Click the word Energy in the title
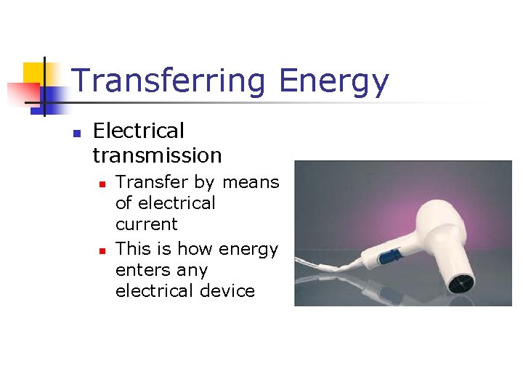[x=334, y=81]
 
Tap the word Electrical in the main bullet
[x=139, y=131]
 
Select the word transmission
[x=157, y=155]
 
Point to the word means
[x=251, y=181]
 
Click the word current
[x=146, y=224]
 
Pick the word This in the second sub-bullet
[x=132, y=249]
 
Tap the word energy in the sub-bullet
[x=248, y=250]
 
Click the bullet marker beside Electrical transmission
[x=75, y=133]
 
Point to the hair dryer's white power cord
[x=320, y=270]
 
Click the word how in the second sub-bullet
[x=195, y=249]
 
